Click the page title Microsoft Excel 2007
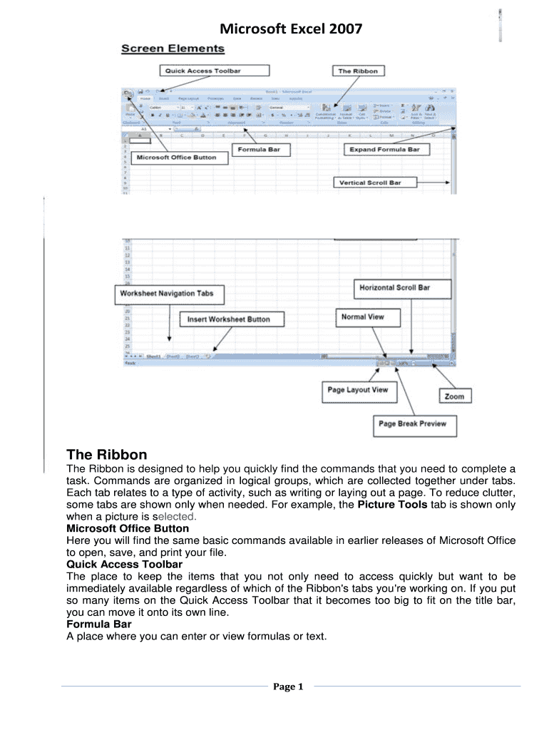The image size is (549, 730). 291,29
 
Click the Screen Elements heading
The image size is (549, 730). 173,49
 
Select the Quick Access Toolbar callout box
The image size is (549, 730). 215,71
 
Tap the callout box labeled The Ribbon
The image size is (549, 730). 358,71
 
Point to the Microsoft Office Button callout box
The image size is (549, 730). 176,157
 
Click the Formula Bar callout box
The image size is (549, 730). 262,150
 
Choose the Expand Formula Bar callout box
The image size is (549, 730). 384,150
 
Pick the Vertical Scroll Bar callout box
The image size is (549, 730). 370,182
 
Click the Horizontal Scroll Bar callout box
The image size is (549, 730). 403,288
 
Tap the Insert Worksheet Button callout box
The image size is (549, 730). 228,319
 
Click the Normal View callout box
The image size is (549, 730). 363,317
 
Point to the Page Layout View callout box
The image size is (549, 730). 358,390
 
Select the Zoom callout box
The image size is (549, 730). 454,396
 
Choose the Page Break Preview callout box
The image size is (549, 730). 413,424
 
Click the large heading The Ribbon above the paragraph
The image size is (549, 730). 107,455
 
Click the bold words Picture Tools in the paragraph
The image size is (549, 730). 393,505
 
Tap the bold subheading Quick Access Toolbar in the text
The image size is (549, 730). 124,564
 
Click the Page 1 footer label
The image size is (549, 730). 289,687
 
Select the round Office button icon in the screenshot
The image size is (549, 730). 127,93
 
